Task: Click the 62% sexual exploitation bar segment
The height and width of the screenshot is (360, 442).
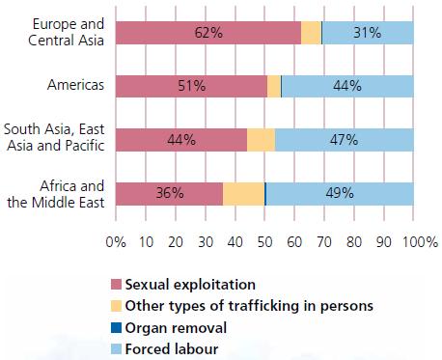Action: [x=208, y=33]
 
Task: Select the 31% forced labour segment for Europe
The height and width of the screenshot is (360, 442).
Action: [x=368, y=33]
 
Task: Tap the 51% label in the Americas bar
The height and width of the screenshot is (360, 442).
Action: [x=192, y=86]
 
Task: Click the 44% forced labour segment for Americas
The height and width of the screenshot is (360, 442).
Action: [x=347, y=86]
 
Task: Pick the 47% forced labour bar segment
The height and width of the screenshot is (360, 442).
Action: [x=345, y=140]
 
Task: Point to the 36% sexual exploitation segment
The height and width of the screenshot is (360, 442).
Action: [x=169, y=194]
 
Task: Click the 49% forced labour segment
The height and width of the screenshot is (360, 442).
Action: [x=340, y=194]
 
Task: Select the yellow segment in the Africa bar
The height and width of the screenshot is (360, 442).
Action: [x=243, y=194]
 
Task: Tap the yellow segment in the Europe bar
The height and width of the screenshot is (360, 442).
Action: [x=311, y=33]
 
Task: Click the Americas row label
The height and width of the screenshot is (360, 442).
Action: [x=75, y=85]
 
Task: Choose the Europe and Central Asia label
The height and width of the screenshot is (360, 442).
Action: [x=66, y=32]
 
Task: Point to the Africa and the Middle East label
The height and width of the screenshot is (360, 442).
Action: [x=56, y=194]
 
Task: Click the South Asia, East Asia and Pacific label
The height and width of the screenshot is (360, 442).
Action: [x=54, y=137]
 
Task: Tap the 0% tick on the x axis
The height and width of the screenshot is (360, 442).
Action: [x=116, y=242]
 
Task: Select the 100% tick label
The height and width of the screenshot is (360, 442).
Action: [x=420, y=242]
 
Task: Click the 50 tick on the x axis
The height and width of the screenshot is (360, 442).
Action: [x=264, y=242]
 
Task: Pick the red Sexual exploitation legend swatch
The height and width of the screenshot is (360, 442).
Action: [x=116, y=285]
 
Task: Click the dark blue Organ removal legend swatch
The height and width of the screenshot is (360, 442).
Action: [x=116, y=328]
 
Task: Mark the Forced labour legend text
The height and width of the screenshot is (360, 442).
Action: [x=172, y=349]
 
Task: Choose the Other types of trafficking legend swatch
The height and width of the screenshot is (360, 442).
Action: [x=116, y=306]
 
